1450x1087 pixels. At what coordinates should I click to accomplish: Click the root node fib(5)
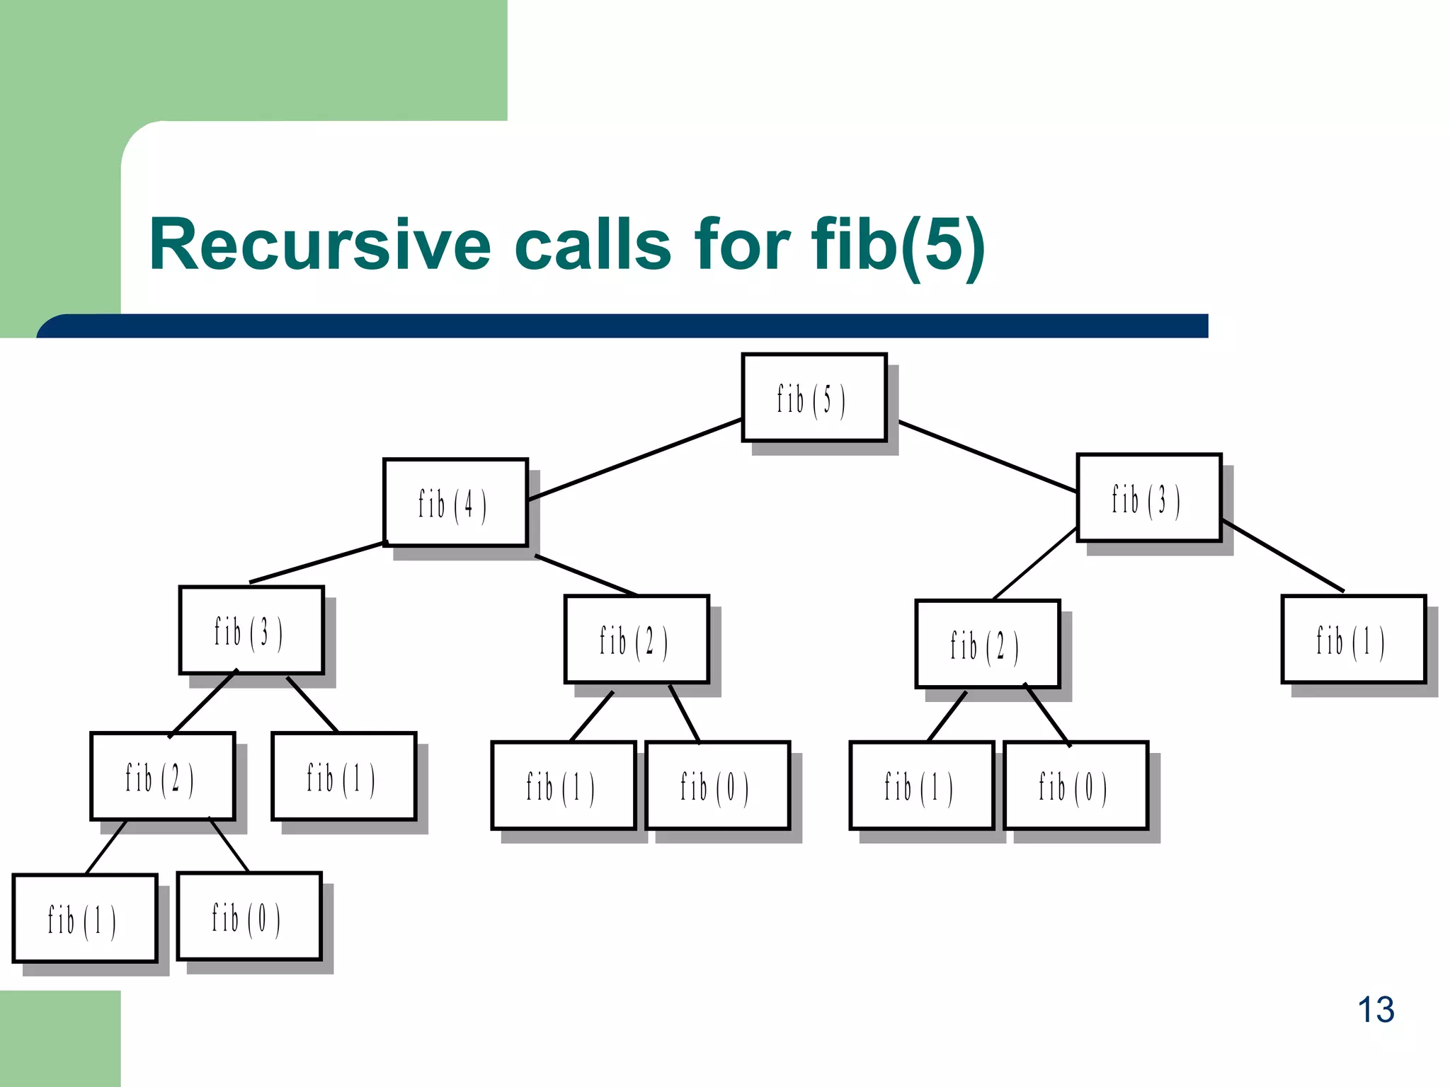pos(814,398)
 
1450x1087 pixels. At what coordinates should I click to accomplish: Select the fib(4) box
pos(455,502)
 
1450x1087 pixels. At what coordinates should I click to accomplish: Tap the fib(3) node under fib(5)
pos(1148,498)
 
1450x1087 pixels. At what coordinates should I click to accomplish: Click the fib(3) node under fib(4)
pos(251,630)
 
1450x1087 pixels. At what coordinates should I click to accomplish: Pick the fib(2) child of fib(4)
pos(636,640)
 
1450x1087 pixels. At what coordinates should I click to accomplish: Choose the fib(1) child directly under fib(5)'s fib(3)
pos(1352,640)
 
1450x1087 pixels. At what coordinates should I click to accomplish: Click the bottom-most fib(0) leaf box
pos(249,916)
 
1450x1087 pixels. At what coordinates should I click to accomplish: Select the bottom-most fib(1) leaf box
pos(84,919)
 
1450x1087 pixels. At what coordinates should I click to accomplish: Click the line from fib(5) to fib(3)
pos(988,456)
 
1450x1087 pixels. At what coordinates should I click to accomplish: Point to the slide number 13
pos(1375,1010)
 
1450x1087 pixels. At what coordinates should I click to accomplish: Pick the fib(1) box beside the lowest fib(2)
pos(343,776)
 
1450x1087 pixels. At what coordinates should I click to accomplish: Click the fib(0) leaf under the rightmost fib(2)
pos(1075,786)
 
